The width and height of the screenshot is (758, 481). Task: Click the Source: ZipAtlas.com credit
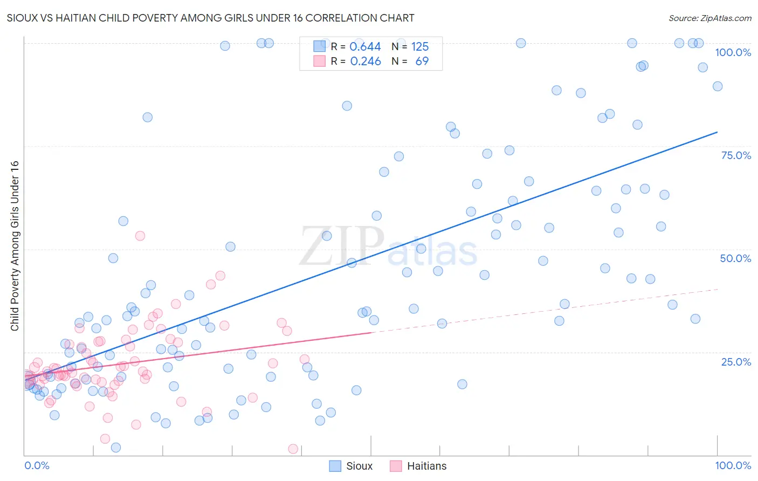pos(709,18)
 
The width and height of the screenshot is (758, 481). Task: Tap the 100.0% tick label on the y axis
pos(733,52)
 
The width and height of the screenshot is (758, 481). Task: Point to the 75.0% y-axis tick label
pos(736,155)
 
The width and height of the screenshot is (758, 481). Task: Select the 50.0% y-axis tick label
pos(735,258)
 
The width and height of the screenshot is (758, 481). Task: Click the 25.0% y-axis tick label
pos(736,362)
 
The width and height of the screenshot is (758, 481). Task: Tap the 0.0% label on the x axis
pos(37,465)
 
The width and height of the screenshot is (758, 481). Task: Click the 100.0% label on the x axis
pos(733,465)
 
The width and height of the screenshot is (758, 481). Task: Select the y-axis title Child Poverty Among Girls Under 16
pos(15,246)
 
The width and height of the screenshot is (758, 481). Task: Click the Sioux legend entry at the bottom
pos(351,466)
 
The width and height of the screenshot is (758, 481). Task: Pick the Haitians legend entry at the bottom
pos(418,466)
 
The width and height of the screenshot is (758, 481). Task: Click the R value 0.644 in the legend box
pos(365,46)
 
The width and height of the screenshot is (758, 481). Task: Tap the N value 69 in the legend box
pos(422,61)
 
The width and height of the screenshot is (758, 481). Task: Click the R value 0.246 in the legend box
pos(365,61)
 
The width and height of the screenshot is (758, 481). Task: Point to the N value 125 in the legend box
pos(420,46)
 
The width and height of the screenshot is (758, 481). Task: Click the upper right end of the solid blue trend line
pos(717,132)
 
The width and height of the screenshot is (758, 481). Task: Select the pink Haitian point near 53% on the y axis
pos(140,236)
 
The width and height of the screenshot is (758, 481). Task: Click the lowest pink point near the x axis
pos(293,449)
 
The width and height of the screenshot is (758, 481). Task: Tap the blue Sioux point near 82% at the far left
pos(147,117)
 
